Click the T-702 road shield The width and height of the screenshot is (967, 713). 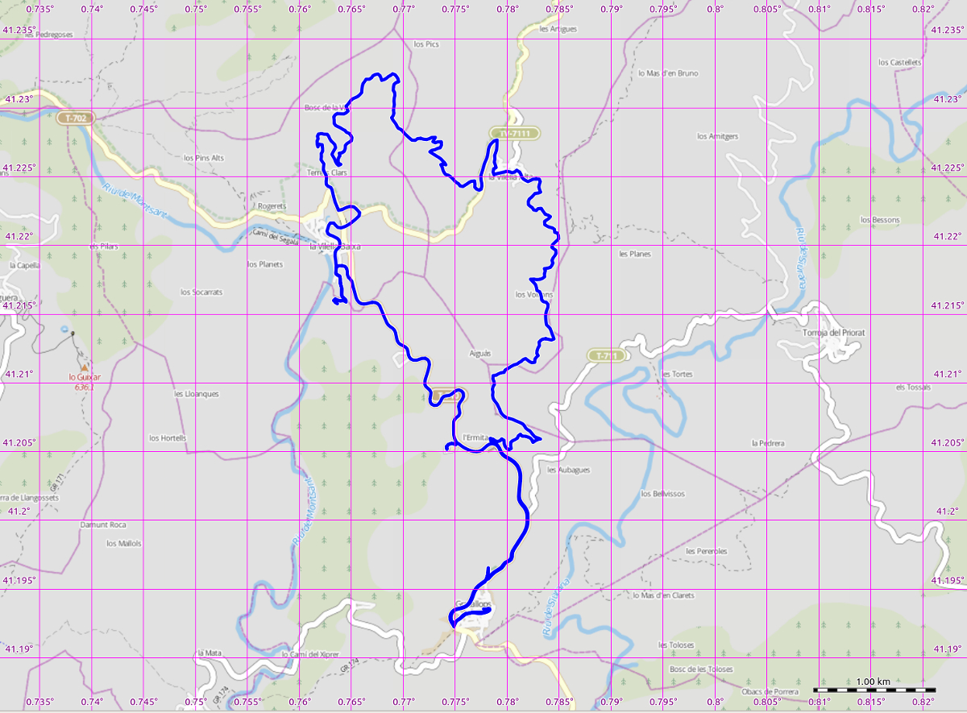coord(77,118)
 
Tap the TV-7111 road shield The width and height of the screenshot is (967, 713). coord(514,132)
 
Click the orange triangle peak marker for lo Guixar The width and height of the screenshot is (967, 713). coord(85,367)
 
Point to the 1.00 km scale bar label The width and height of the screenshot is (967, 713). coord(873,682)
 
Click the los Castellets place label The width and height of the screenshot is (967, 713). coord(899,62)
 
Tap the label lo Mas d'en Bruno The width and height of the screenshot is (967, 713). coord(668,73)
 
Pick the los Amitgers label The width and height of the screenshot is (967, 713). coord(717,136)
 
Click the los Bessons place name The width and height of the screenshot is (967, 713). coord(880,220)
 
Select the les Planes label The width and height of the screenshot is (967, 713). coord(634,254)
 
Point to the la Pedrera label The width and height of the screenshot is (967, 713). coord(767,443)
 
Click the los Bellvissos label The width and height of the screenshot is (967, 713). coord(662,494)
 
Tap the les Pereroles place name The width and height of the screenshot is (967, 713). coord(706,551)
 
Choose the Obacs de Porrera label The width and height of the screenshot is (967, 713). coord(770,691)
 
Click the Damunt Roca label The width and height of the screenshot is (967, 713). coord(103,524)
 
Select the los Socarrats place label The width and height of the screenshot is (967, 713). coord(201,292)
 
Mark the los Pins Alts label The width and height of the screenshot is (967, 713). coord(204,158)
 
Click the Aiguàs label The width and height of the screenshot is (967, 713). coord(479,354)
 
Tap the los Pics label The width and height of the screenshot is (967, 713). coord(425,44)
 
